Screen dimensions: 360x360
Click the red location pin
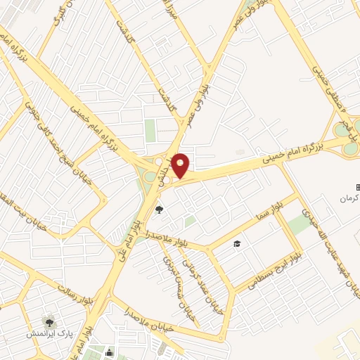[181, 165]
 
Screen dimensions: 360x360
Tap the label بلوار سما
[274, 210]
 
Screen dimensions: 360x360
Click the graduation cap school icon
[237, 244]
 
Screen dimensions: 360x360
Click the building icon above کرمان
[356, 187]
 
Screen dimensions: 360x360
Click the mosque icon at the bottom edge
[110, 353]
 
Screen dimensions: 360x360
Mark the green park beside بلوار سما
[299, 224]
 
